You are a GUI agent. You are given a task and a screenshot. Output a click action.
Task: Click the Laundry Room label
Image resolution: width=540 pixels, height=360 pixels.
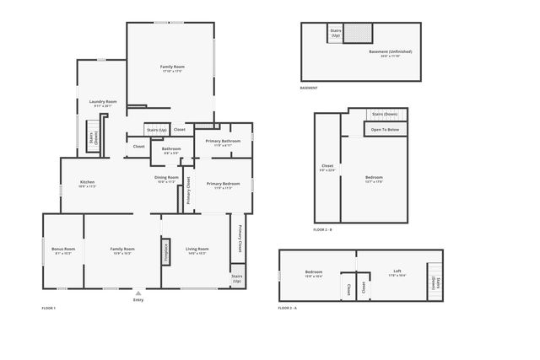click(x=103, y=102)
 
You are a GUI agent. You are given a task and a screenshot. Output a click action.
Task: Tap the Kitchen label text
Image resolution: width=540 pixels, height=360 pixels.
click(x=87, y=182)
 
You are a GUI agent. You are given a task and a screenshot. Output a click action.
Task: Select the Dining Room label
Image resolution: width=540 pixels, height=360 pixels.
click(x=166, y=177)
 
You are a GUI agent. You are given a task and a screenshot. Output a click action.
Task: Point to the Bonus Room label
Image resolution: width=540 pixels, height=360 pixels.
click(x=63, y=249)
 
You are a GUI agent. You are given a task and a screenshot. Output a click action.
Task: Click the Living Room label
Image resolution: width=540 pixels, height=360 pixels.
click(x=197, y=249)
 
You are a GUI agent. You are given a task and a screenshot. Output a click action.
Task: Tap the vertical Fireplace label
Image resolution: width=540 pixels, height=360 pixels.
click(x=165, y=251)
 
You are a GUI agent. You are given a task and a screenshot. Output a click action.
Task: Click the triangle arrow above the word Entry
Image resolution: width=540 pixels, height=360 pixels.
click(x=138, y=293)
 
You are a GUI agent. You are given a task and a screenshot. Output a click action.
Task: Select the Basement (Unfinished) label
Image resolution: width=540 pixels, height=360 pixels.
click(x=390, y=52)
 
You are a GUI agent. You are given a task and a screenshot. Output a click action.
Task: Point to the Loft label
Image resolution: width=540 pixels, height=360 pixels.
click(x=397, y=271)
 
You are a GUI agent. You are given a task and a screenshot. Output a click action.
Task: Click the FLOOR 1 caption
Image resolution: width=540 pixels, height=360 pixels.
click(x=48, y=309)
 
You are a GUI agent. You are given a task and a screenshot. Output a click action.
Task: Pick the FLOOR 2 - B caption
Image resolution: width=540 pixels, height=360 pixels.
click(x=323, y=230)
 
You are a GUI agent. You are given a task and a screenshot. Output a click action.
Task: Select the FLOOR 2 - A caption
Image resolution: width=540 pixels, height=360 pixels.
click(x=288, y=309)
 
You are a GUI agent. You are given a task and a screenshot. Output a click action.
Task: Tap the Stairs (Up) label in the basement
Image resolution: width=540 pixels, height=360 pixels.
click(x=335, y=33)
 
